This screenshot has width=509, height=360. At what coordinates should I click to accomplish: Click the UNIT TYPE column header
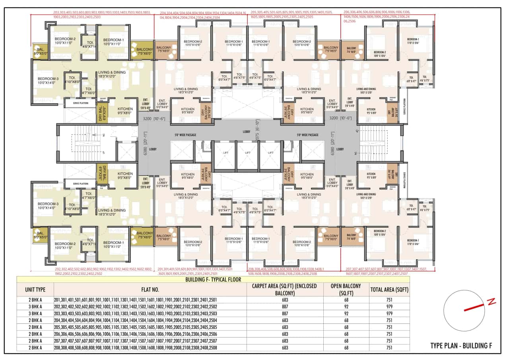35,289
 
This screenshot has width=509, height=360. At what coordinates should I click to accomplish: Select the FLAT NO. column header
150,289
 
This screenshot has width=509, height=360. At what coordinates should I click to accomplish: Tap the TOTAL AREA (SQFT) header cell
389,289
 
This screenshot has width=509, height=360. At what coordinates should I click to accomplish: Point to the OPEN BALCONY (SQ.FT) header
346,289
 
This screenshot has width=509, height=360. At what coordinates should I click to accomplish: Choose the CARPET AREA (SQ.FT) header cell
284,289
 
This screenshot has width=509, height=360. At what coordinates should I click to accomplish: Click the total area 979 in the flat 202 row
389,307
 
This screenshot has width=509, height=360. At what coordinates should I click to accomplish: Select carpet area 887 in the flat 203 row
284,313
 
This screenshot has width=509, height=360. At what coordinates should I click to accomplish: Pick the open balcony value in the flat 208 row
346,348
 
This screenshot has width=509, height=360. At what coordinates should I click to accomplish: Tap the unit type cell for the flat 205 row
35,327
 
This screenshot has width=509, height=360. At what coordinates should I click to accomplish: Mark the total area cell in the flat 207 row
389,341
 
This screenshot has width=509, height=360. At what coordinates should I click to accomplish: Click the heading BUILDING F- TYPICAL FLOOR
213,279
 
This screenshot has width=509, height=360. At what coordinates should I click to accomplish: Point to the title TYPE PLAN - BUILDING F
461,346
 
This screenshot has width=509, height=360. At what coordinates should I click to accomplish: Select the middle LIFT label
248,153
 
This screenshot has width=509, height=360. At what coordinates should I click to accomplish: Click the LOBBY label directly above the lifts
247,131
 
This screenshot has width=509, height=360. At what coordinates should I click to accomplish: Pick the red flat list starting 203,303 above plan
102,15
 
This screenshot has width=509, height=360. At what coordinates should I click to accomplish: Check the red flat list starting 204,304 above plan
203,15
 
